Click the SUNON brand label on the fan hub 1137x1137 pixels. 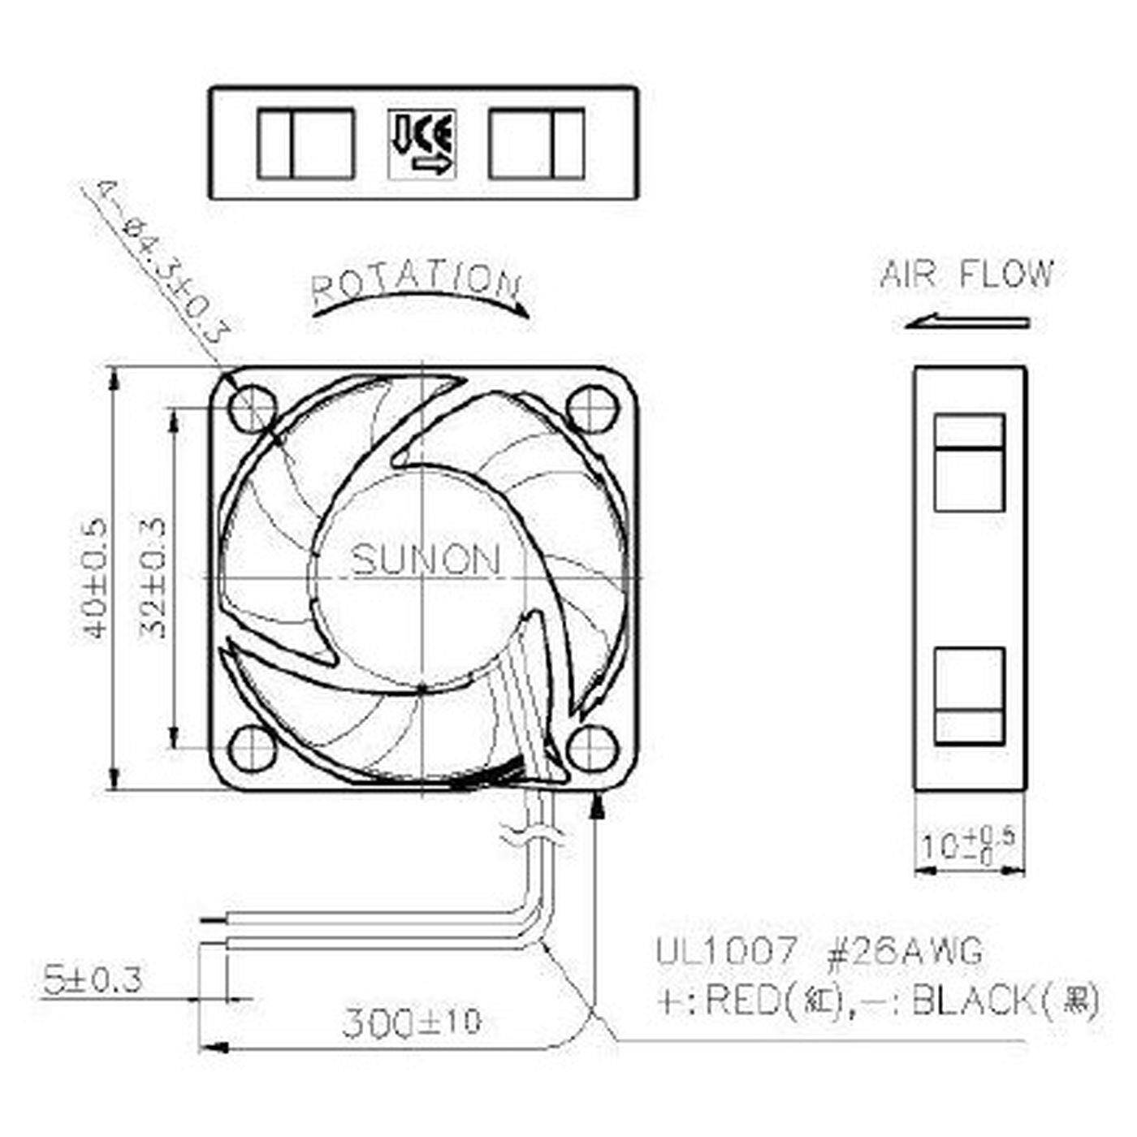click(426, 560)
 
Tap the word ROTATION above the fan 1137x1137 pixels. click(415, 281)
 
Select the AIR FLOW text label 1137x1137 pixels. click(966, 275)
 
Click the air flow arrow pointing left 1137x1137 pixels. click(966, 322)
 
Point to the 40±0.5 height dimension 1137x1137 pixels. click(95, 578)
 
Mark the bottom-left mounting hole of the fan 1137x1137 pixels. click(249, 748)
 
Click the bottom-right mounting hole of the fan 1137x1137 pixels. click(588, 748)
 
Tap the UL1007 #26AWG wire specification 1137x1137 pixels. click(819, 951)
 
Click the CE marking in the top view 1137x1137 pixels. click(422, 144)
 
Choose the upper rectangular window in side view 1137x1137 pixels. click(969, 462)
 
